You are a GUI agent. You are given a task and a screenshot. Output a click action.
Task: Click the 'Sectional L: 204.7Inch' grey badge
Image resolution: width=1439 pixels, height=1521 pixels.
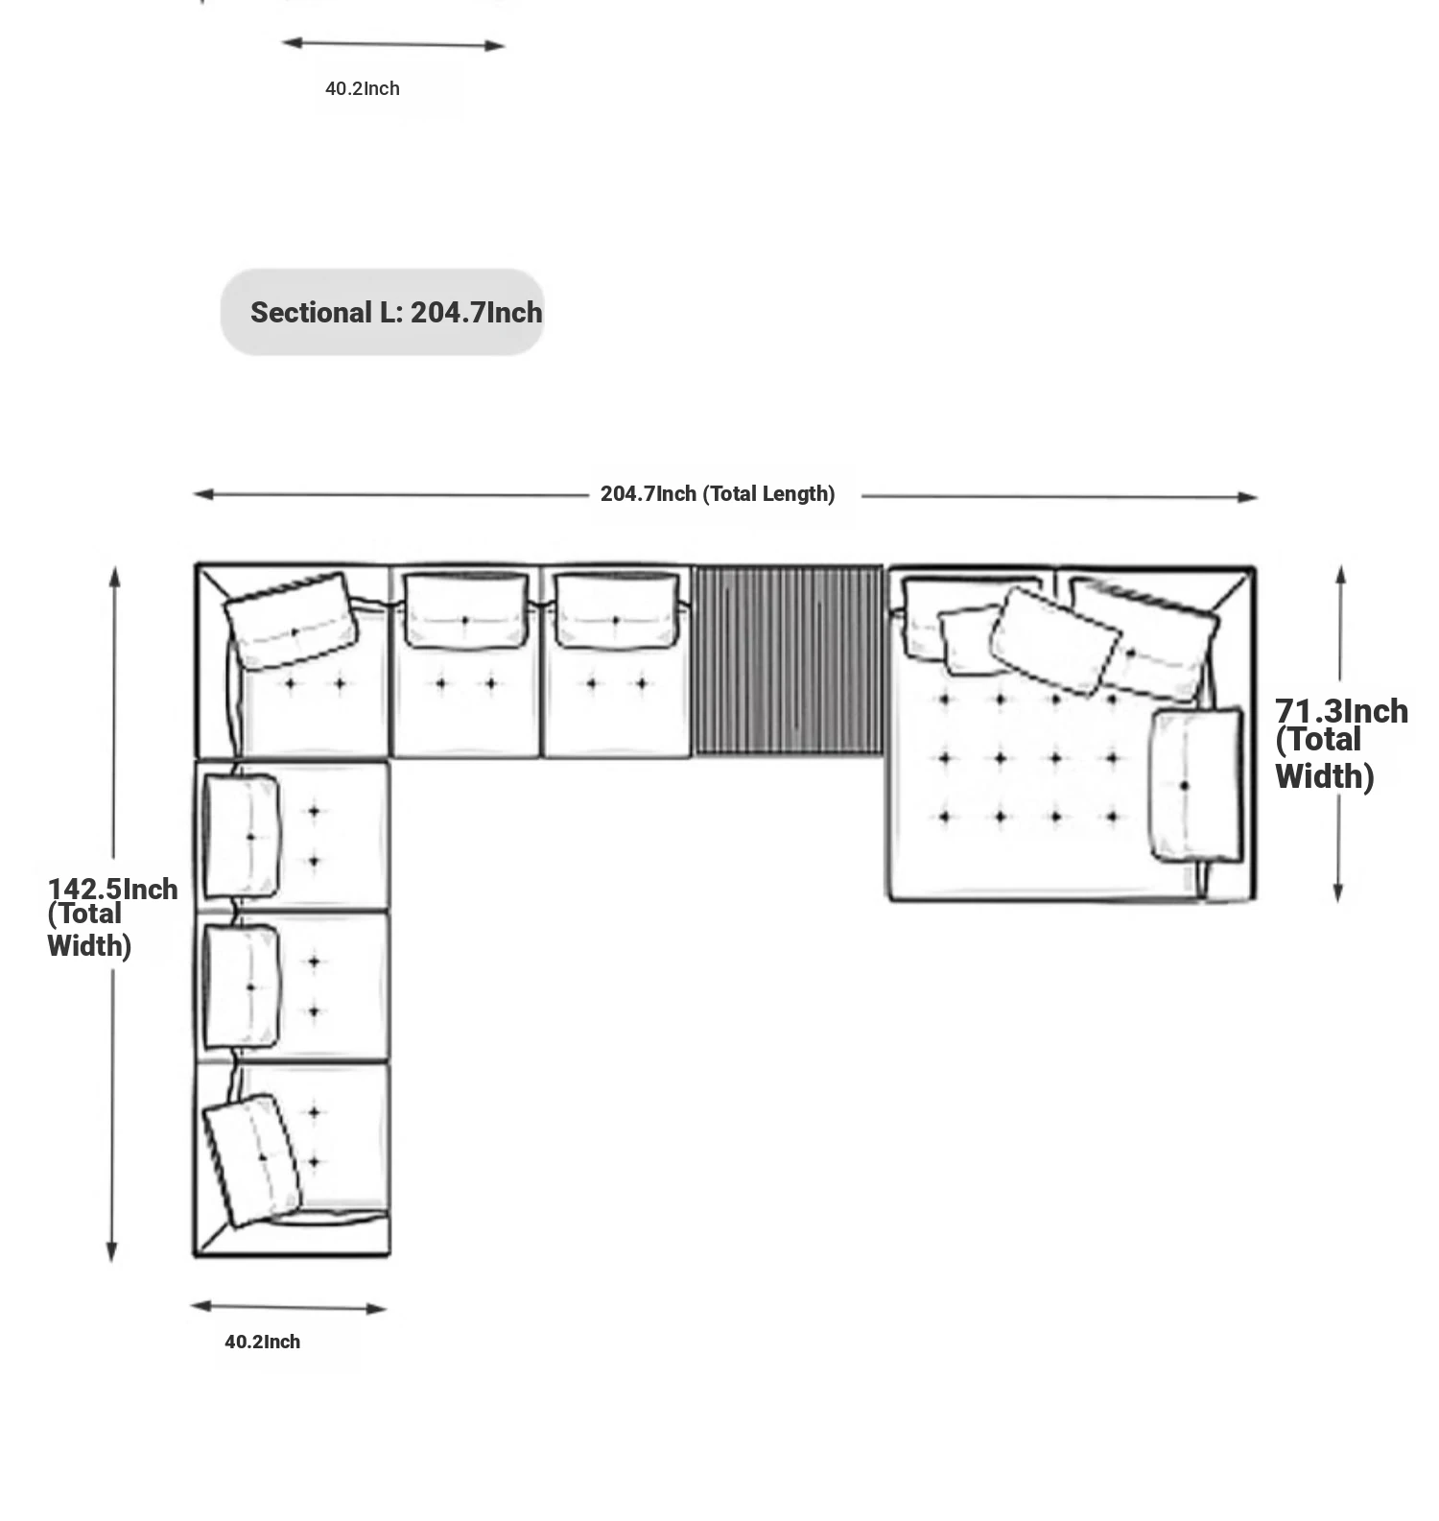click(x=382, y=312)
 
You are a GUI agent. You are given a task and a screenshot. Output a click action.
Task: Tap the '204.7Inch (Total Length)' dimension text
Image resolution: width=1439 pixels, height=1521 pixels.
click(x=718, y=494)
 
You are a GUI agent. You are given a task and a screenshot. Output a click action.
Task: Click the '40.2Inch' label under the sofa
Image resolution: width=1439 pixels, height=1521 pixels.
click(x=262, y=1342)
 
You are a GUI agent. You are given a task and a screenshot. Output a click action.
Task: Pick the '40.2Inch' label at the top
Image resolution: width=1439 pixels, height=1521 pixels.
click(x=363, y=88)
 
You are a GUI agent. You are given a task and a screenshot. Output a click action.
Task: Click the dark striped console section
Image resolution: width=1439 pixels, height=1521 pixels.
click(x=788, y=660)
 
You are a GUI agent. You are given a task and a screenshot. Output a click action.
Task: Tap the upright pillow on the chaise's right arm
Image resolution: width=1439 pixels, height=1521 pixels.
click(x=1195, y=785)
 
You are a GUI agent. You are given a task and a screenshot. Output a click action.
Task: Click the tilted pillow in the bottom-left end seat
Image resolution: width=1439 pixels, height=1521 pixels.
click(x=251, y=1159)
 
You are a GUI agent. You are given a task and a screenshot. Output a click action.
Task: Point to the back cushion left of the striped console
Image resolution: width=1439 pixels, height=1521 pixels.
click(x=616, y=611)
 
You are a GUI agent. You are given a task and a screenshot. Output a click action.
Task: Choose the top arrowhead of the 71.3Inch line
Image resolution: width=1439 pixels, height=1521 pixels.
click(x=1340, y=574)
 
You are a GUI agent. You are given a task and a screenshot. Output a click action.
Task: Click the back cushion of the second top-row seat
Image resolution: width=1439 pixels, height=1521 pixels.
click(x=465, y=611)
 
